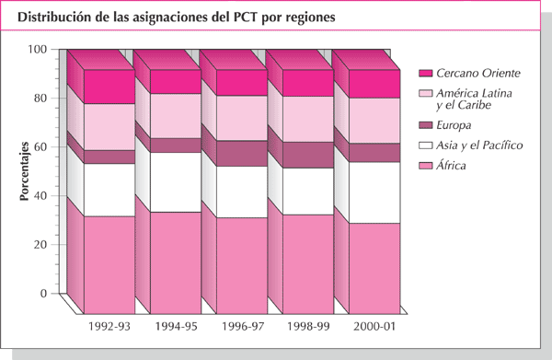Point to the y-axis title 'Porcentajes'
(25, 171)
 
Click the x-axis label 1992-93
(109, 326)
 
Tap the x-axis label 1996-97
(243, 326)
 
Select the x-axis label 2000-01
(376, 326)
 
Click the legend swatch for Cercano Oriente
(425, 73)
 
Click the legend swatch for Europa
(425, 124)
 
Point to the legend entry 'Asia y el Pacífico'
(479, 145)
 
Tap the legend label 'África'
(452, 166)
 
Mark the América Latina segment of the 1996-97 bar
(243, 118)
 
